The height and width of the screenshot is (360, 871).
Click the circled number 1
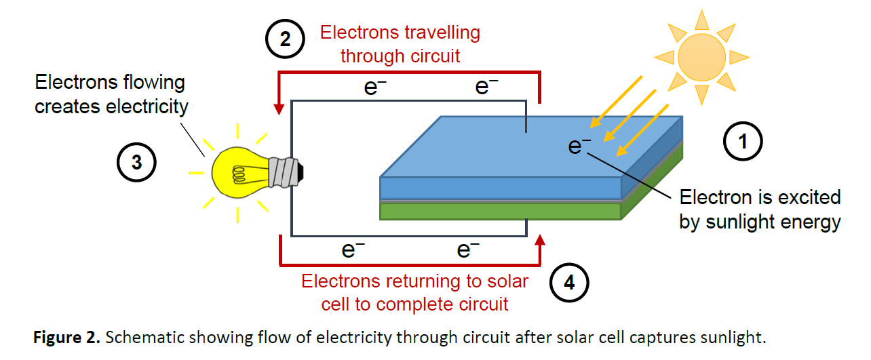tap(743, 142)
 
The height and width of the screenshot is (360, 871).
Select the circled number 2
tap(286, 39)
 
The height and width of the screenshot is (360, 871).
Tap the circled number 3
tap(136, 163)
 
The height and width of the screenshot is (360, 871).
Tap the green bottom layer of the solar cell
tap(501, 212)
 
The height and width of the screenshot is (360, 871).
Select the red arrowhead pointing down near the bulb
tap(279, 108)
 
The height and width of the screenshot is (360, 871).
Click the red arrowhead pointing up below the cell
tap(541, 240)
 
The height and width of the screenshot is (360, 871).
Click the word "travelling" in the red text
tap(440, 33)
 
